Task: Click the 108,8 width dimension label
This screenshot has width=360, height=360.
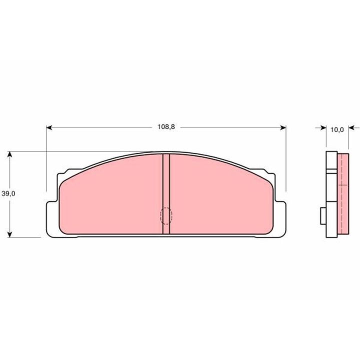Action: [x=166, y=126]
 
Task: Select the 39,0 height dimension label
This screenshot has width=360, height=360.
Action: [x=8, y=193]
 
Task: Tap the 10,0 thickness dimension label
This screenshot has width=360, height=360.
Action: [x=337, y=129]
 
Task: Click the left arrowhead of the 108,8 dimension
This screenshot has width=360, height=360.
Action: [x=49, y=127]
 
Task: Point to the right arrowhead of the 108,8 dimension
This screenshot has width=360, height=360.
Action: [x=283, y=127]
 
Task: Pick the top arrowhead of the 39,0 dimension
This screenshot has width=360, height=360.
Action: [x=9, y=154]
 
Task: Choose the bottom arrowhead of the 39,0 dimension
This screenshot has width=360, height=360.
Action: [x=9, y=234]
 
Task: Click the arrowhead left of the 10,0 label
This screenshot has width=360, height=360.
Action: [x=323, y=127]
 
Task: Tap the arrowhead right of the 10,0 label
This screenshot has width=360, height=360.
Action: [x=351, y=127]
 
